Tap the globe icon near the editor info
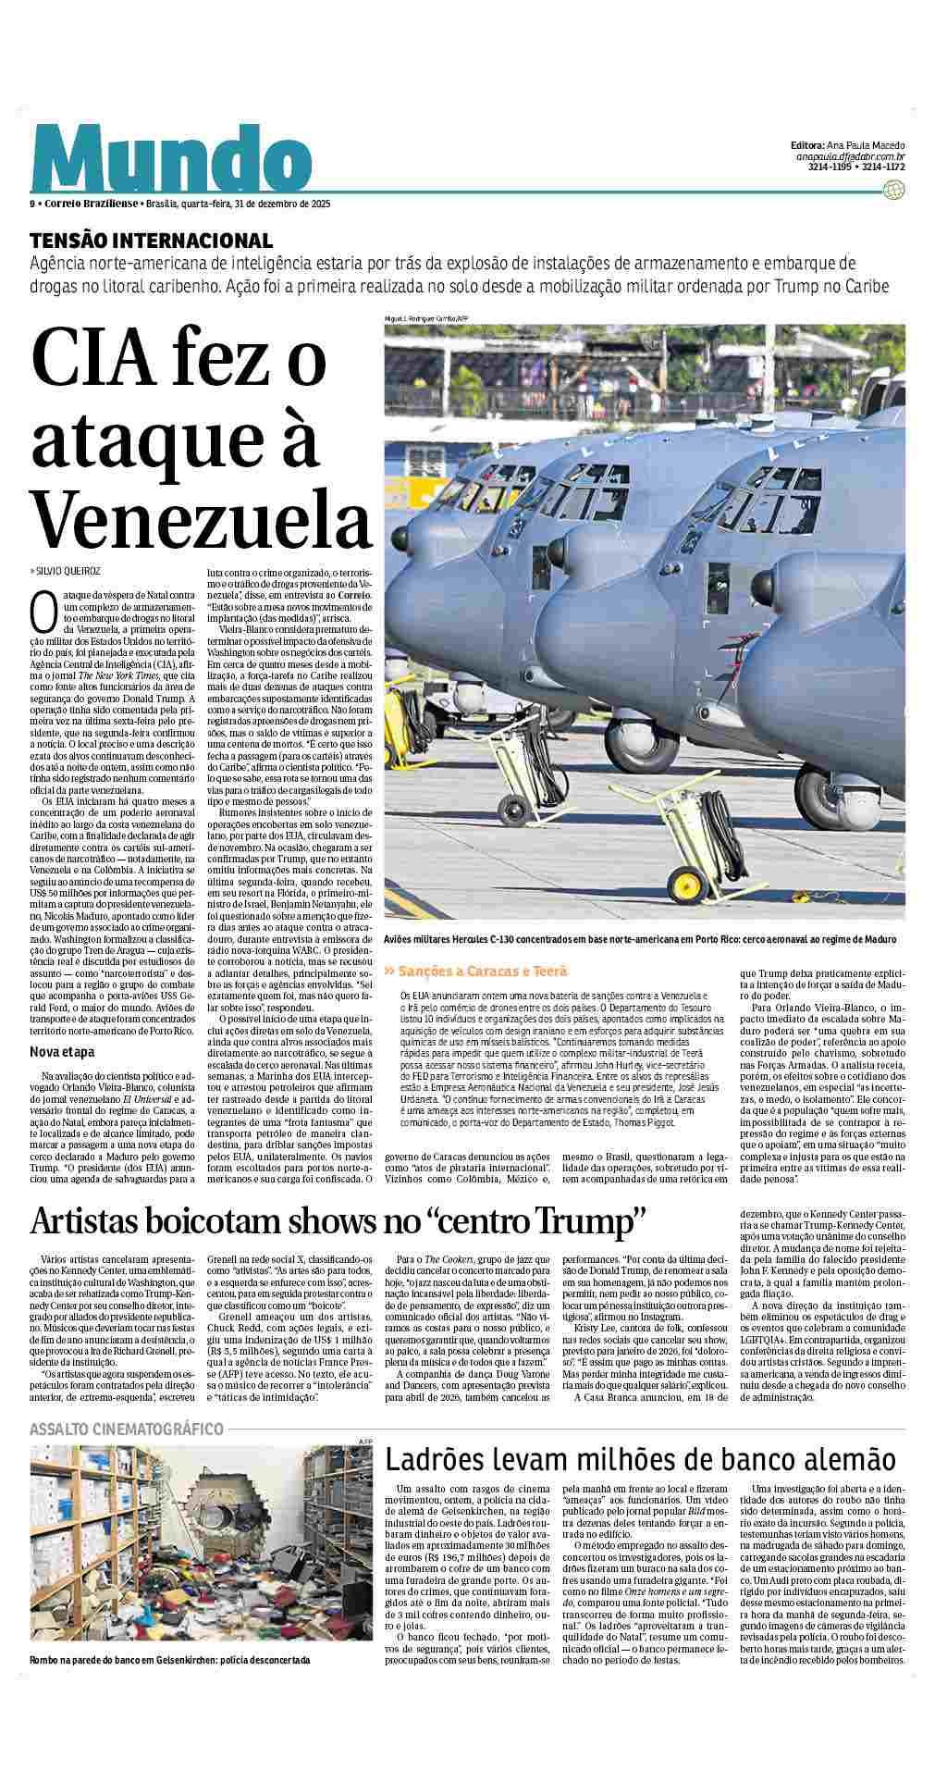tap(893, 190)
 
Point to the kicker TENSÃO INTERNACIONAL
tap(151, 241)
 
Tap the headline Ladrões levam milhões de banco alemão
tap(640, 1460)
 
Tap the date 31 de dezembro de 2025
tap(283, 204)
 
